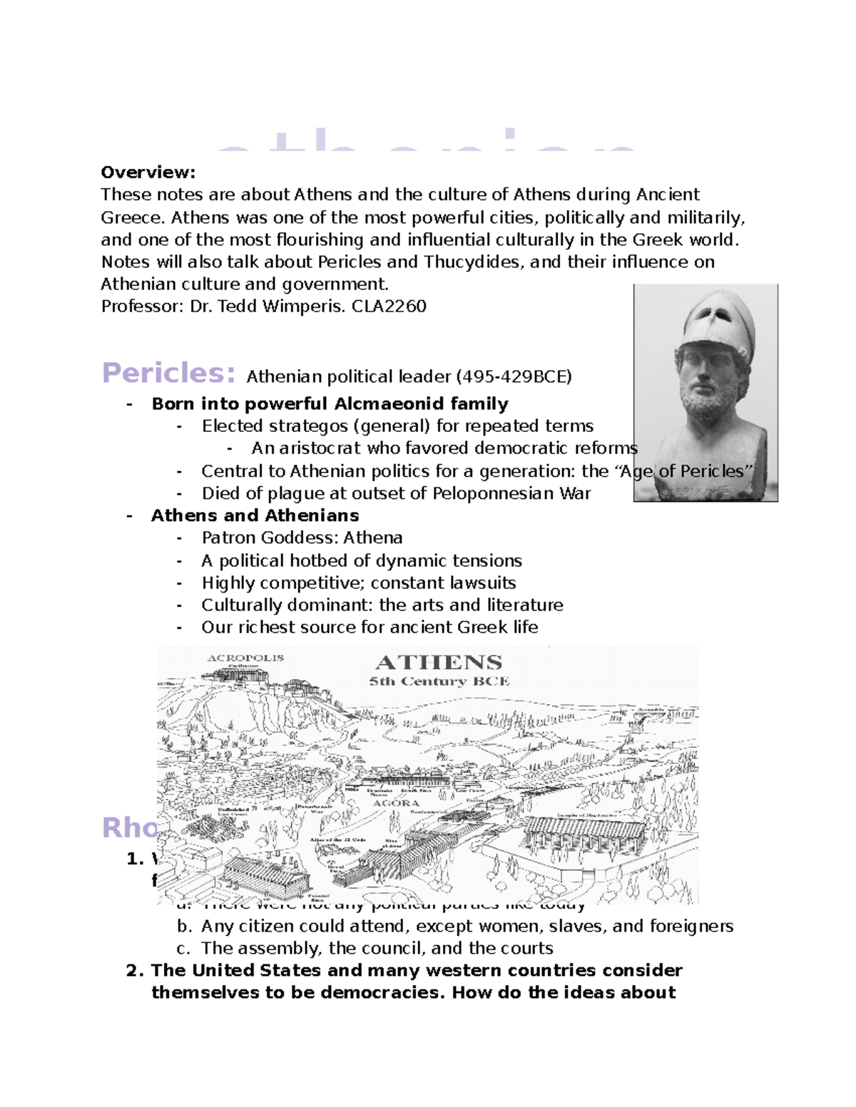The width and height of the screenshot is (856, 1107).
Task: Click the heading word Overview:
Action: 148,173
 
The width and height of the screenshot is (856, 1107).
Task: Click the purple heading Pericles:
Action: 168,373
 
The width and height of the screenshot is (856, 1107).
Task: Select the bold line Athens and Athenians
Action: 255,515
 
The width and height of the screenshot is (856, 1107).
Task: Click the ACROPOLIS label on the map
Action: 245,658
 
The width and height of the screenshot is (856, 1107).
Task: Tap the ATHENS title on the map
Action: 439,662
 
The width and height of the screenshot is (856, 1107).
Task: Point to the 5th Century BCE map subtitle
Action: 439,681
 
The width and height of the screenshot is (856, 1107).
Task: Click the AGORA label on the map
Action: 396,803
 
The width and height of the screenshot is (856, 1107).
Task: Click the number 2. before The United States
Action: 135,971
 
